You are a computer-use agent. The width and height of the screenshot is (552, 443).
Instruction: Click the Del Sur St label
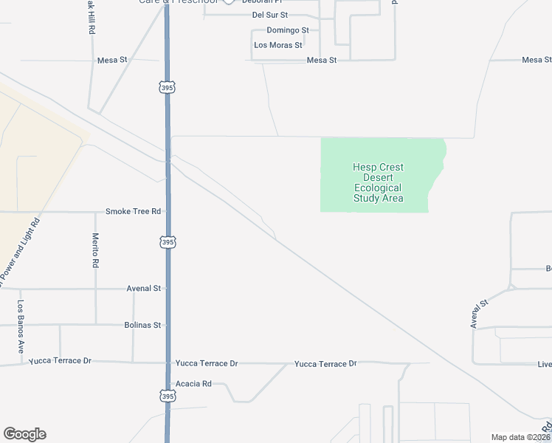pos(269,15)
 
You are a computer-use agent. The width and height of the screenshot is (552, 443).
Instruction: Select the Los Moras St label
pos(277,45)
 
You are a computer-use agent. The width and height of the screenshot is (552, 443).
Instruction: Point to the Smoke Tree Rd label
pos(133,211)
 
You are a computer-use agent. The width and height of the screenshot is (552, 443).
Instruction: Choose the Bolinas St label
pos(142,325)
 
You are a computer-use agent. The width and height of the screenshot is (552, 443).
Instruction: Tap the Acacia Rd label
pos(193,384)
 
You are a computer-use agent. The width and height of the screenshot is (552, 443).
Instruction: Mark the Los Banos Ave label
pos(21,326)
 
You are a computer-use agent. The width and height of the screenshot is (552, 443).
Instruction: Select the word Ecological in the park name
pos(377,188)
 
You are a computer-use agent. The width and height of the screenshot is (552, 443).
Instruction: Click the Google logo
pos(24,434)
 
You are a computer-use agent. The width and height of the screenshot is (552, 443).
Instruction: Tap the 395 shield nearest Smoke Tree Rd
pos(168,242)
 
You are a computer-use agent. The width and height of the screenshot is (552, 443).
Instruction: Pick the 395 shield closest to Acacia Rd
pos(168,396)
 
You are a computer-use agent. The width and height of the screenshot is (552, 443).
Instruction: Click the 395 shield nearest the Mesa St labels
pos(167,88)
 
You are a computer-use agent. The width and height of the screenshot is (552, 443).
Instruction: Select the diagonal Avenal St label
pos(480,313)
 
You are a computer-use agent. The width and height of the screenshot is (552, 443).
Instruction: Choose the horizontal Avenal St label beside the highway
pos(143,288)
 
